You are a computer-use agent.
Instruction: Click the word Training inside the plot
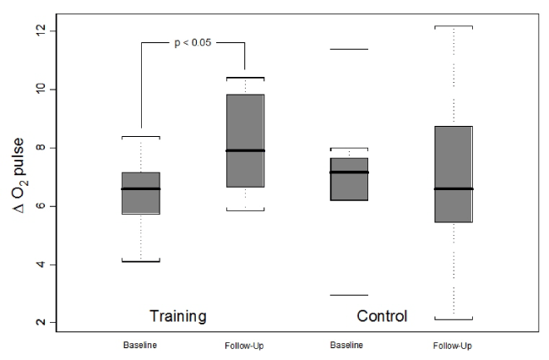click(x=178, y=317)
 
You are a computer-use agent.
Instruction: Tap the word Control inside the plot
click(x=382, y=317)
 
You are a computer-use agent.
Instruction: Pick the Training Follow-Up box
click(x=245, y=140)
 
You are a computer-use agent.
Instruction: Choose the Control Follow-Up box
click(x=453, y=174)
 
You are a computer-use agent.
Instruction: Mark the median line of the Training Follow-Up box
click(x=245, y=150)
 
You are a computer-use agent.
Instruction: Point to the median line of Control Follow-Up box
click(x=453, y=188)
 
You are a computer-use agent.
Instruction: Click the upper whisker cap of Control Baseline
click(x=348, y=49)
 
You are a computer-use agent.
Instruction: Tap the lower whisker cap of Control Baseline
click(x=348, y=295)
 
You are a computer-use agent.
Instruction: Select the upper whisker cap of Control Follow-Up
click(x=453, y=27)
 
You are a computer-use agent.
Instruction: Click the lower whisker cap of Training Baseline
click(x=141, y=261)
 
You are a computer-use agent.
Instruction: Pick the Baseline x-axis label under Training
click(x=141, y=346)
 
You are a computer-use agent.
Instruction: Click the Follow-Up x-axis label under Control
click(x=453, y=346)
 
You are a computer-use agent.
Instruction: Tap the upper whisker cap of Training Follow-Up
click(x=245, y=78)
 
